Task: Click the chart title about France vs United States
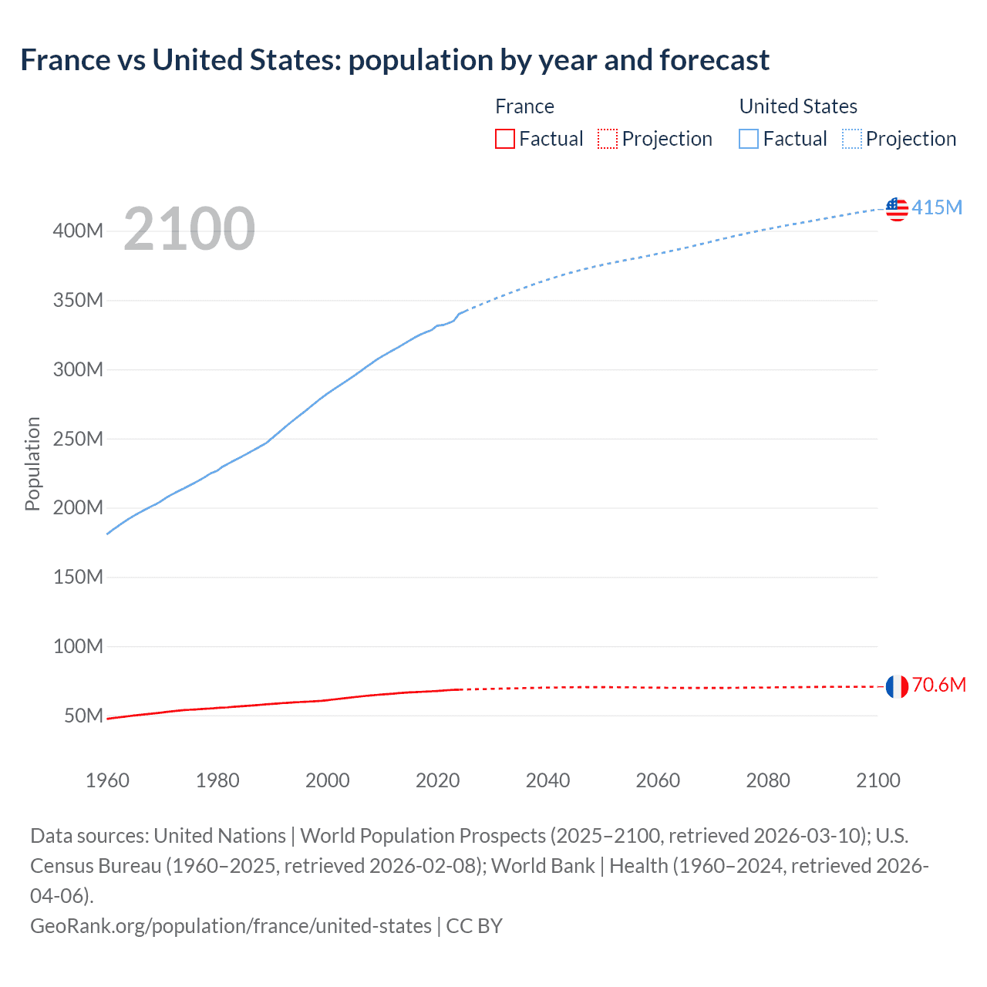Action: click(x=394, y=60)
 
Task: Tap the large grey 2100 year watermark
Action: click(x=189, y=229)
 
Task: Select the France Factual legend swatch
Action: click(x=505, y=139)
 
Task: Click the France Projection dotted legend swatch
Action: click(x=608, y=139)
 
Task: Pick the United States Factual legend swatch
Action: click(x=749, y=139)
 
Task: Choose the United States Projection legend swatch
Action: click(x=852, y=139)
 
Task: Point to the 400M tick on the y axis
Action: click(x=78, y=231)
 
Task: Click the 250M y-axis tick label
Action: click(x=78, y=439)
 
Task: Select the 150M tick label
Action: click(x=78, y=578)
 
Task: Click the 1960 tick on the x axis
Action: click(x=107, y=780)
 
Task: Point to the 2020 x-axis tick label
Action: click(x=437, y=780)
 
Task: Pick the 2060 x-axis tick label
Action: click(x=658, y=780)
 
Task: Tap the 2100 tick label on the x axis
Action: click(x=878, y=780)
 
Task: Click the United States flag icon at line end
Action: click(x=897, y=209)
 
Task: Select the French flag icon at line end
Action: click(x=897, y=686)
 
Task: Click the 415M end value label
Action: click(x=937, y=207)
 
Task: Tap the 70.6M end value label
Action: click(x=938, y=685)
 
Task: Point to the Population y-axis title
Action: click(x=32, y=463)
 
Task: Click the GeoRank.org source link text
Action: click(x=231, y=925)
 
